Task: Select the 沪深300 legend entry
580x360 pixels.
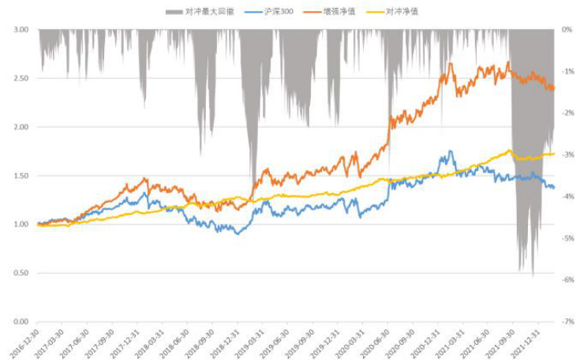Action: tap(272, 12)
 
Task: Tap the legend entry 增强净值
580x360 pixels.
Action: tap(339, 12)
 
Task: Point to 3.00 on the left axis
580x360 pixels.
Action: tap(21, 29)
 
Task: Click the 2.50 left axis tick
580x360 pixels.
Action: tap(21, 78)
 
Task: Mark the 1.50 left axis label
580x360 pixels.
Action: tap(21, 175)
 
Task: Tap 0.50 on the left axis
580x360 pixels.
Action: tap(21, 273)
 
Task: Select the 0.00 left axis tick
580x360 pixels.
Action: tap(21, 322)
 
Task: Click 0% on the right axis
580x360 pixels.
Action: tap(566, 29)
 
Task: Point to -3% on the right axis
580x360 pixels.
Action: tap(566, 155)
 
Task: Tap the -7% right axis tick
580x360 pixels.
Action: tap(566, 322)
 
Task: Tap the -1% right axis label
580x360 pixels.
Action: tap(566, 71)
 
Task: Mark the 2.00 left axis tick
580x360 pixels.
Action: tap(21, 127)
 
